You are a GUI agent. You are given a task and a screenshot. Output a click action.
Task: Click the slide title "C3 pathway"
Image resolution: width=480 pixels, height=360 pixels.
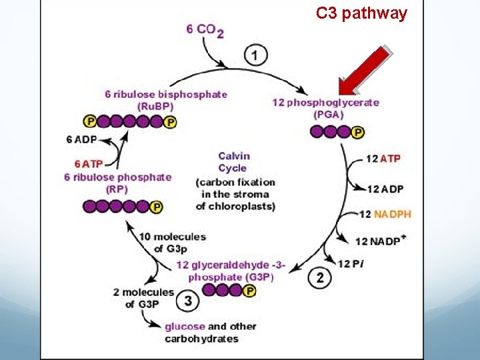[361, 14]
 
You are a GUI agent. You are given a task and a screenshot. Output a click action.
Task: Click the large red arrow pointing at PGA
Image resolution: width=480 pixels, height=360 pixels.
[363, 70]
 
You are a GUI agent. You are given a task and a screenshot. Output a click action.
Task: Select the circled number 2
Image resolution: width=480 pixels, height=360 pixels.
[320, 278]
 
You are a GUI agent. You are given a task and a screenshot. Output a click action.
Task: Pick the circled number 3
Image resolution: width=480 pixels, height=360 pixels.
[188, 301]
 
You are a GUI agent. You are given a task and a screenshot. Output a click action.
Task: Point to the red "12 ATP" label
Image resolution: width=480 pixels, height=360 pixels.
[384, 159]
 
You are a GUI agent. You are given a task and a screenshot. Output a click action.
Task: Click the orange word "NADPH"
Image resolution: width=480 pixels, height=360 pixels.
[393, 214]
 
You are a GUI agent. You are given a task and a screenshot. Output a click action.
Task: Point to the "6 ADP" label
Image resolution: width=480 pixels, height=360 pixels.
[82, 139]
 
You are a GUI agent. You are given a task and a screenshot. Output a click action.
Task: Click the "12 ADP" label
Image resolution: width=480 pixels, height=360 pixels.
[384, 189]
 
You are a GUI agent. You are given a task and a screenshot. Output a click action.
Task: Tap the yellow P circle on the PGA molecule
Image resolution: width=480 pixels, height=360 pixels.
[357, 133]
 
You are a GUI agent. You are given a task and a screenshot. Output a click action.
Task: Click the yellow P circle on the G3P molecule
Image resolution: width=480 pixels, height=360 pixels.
[250, 290]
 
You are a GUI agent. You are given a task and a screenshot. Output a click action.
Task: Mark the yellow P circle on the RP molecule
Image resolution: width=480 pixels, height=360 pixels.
[156, 207]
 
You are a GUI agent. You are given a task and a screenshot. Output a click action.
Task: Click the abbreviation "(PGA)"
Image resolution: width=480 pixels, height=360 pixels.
[326, 114]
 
